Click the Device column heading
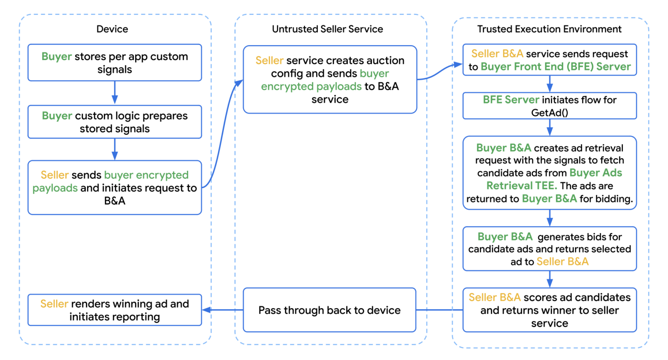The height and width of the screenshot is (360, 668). [x=112, y=29]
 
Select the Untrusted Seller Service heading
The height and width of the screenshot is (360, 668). [x=327, y=29]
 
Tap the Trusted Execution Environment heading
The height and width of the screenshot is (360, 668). [x=549, y=29]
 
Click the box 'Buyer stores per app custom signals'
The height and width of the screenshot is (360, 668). [x=114, y=63]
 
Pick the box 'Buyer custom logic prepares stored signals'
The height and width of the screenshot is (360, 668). [x=114, y=122]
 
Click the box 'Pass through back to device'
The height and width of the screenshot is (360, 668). [x=329, y=310]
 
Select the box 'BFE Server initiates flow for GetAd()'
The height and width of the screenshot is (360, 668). [x=549, y=106]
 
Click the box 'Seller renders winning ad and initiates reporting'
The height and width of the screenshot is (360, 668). [x=114, y=310]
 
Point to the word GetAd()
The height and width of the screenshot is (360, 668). [x=549, y=113]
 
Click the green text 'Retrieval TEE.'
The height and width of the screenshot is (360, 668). [x=521, y=186]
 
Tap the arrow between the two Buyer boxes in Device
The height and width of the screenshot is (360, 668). [x=115, y=93]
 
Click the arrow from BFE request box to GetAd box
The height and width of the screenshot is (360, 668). [x=550, y=83]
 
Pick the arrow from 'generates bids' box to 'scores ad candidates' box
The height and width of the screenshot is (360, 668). [x=550, y=279]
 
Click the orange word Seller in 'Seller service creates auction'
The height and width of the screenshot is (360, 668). [x=269, y=60]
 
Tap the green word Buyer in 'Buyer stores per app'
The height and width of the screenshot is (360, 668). [x=57, y=57]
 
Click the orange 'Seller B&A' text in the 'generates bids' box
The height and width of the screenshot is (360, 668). [x=562, y=261]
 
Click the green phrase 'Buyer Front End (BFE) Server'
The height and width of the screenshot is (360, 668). [x=555, y=67]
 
